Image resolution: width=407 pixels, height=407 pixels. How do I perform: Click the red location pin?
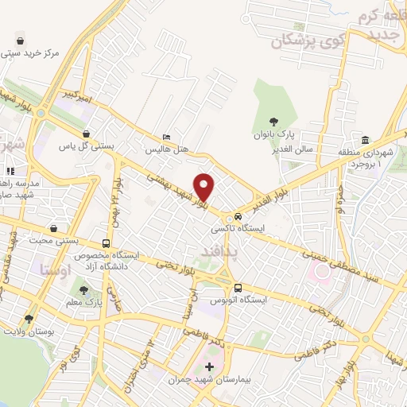point(205,187)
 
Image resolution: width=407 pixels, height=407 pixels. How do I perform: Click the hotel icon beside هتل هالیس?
point(166,138)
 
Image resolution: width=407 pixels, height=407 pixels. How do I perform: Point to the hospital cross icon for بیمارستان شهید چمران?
point(209,367)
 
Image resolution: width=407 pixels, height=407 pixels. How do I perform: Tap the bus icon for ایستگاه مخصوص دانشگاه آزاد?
point(107,243)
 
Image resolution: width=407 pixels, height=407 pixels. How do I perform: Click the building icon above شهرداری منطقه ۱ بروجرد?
point(365,139)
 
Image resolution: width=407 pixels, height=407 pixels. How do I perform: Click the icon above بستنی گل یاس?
point(85,135)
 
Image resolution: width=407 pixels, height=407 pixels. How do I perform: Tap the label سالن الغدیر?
point(293,149)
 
